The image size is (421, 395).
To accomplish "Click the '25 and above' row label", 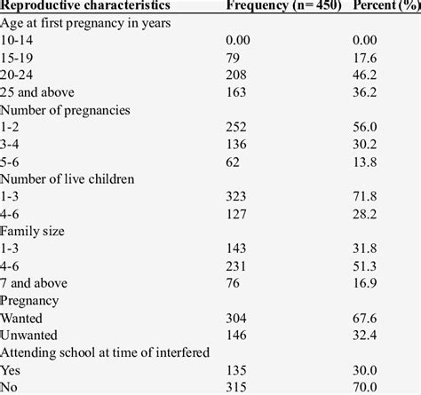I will pyautogui.click(x=36, y=91).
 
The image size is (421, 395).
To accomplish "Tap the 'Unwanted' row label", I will pyautogui.click(x=29, y=333).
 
